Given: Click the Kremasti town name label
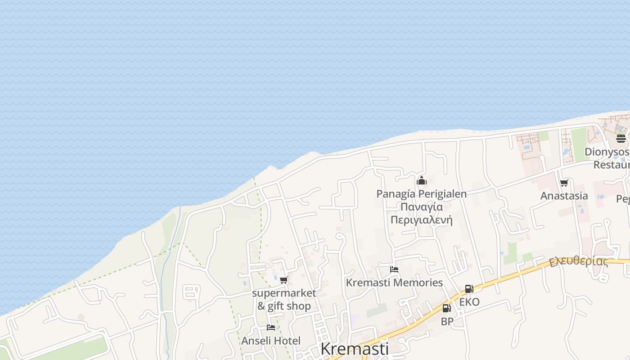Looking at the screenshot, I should tap(354, 349).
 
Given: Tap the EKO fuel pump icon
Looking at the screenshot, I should tap(469, 289).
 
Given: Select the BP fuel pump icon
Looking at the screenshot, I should tap(446, 308).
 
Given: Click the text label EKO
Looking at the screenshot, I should tap(469, 302).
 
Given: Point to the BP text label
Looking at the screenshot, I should tap(447, 321).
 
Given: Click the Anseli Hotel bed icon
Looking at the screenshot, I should tap(270, 328).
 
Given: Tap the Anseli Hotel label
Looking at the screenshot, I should tap(270, 341).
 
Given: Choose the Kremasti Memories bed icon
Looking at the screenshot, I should tap(394, 270).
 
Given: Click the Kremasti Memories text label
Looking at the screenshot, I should tap(394, 283).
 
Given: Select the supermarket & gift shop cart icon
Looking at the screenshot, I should tap(283, 280).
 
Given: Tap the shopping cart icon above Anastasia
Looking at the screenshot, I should tap(564, 183).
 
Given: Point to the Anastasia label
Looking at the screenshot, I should tap(564, 196).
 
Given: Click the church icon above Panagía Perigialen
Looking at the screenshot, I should tap(422, 181).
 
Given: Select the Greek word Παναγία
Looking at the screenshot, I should tap(422, 207).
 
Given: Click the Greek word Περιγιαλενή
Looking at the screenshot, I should tap(422, 220).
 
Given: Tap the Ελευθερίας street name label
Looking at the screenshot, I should tap(578, 261).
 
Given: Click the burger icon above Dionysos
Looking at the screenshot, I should tap(621, 138).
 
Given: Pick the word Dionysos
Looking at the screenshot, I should tap(607, 152).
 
